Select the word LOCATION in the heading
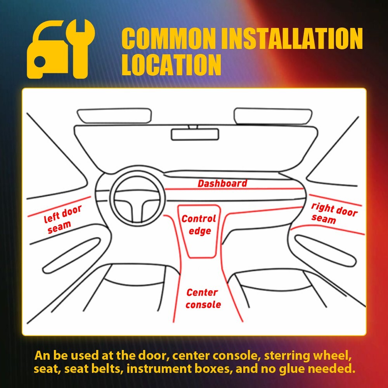[x=171, y=65]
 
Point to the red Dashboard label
[x=222, y=184]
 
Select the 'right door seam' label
[x=333, y=213]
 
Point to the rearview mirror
[x=195, y=134]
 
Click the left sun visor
[x=114, y=116]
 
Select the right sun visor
[x=273, y=115]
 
